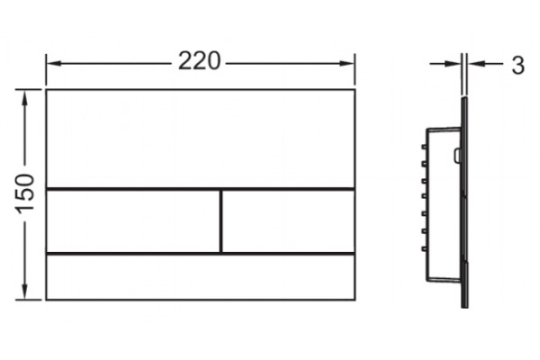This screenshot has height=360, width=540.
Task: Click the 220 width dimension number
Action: [199, 61]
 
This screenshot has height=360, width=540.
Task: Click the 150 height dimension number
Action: [25, 193]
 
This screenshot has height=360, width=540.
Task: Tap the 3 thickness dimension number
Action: [517, 65]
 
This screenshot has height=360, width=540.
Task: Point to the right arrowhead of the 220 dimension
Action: [347, 63]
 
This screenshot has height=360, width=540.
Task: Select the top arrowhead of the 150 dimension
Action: [25, 98]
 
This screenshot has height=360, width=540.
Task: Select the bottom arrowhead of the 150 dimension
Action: [25, 292]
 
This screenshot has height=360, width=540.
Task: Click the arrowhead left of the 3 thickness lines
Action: [453, 64]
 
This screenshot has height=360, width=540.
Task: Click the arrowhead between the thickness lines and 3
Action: [476, 64]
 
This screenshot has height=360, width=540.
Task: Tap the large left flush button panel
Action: [133, 221]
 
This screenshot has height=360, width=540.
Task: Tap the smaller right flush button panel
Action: [289, 221]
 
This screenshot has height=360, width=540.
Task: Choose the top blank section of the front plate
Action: [201, 139]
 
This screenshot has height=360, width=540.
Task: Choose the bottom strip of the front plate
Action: [201, 277]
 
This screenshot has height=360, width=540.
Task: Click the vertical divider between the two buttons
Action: [220, 221]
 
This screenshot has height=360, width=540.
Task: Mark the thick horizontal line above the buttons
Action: [201, 189]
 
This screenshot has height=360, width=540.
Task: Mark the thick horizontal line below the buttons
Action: [201, 254]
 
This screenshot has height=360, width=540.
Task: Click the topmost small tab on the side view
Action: [424, 147]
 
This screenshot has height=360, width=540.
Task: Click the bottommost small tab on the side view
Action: [424, 248]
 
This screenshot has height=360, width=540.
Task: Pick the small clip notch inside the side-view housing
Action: [457, 156]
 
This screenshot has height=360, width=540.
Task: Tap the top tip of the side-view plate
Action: [464, 98]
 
